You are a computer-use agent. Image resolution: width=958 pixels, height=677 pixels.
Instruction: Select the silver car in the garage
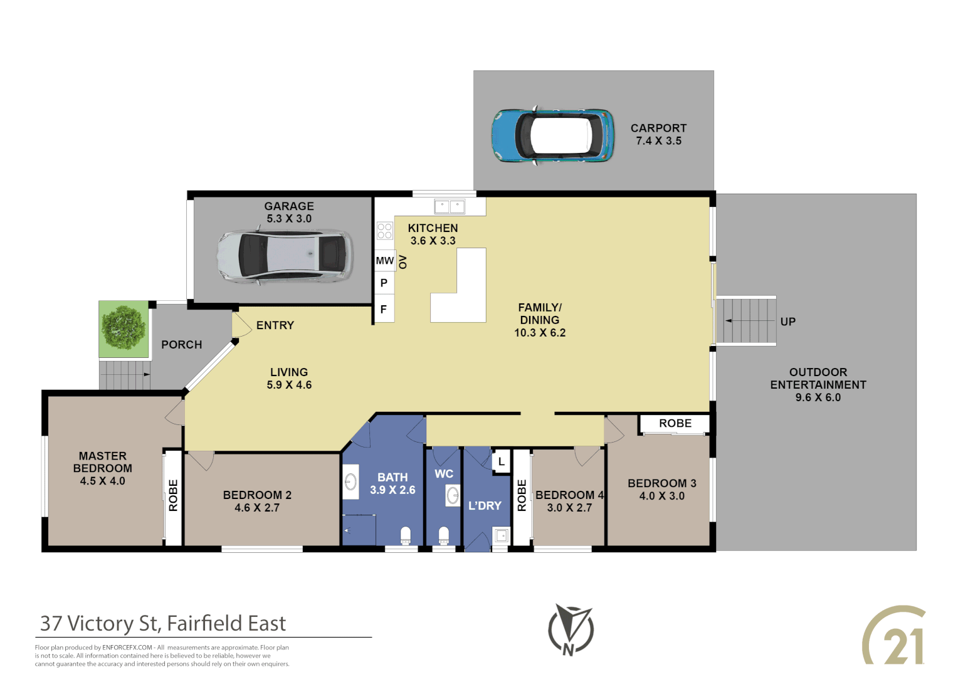click(284, 256)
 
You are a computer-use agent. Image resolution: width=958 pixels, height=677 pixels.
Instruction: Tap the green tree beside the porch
click(124, 328)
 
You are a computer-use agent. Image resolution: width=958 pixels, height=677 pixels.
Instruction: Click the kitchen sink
click(450, 206)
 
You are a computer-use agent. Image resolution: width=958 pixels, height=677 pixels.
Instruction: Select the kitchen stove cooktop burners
click(384, 231)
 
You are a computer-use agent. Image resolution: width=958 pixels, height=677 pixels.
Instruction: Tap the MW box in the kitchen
click(384, 261)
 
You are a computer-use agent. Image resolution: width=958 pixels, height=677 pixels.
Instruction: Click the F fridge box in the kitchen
click(384, 310)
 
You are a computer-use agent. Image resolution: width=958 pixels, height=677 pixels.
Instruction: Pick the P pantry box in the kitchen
click(384, 283)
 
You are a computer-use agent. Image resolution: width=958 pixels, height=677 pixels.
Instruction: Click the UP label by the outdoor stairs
click(787, 322)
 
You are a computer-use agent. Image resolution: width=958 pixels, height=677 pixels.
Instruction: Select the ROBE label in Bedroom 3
click(675, 424)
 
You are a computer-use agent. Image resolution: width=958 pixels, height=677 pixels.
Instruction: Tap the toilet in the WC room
click(444, 536)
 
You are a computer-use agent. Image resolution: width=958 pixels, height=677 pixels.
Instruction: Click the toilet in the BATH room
click(406, 536)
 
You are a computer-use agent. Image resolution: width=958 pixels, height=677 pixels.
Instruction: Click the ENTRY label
click(275, 325)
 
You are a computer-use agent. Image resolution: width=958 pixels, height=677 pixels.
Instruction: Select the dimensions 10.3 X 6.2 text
click(540, 333)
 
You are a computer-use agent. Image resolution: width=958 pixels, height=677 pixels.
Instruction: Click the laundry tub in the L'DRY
click(501, 536)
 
